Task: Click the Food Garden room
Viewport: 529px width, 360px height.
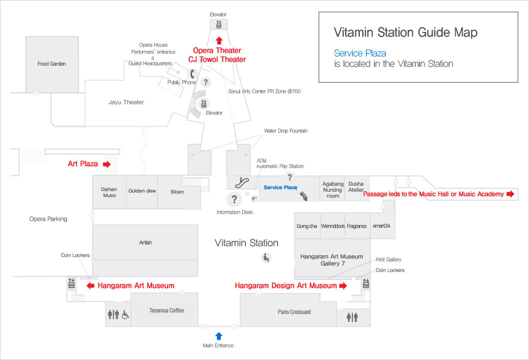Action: click(x=51, y=64)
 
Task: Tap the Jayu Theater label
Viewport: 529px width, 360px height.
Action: click(x=126, y=102)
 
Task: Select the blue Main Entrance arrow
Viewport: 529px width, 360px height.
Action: click(x=219, y=336)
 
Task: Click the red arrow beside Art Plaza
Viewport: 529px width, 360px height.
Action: click(x=106, y=164)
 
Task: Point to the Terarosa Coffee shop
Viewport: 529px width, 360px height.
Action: click(x=167, y=311)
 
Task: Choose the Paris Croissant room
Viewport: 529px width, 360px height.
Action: click(x=294, y=312)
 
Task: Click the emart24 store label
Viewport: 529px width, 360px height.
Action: click(x=382, y=226)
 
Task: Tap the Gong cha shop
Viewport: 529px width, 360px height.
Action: click(x=306, y=226)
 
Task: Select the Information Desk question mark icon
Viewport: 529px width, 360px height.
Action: click(x=234, y=199)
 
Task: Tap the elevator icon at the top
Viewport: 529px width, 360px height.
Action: click(x=219, y=24)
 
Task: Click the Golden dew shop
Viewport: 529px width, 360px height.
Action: click(x=143, y=191)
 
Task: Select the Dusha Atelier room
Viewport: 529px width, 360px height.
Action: click(x=356, y=187)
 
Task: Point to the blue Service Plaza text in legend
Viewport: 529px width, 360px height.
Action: click(x=360, y=53)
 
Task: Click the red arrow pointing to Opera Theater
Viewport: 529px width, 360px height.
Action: click(x=219, y=40)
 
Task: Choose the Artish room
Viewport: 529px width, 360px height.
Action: click(x=145, y=243)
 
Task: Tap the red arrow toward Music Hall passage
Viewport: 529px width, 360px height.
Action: click(x=510, y=194)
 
